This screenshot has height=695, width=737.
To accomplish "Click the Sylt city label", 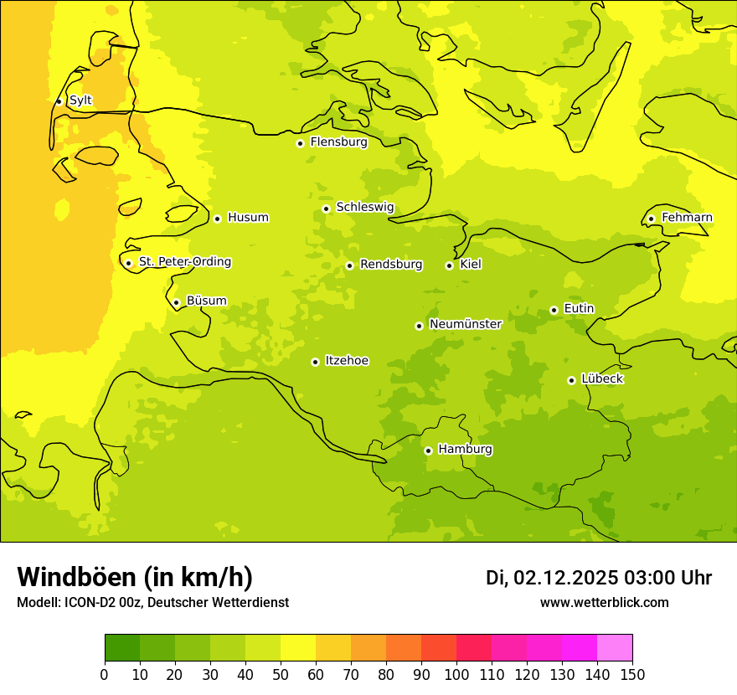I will coord(80,100).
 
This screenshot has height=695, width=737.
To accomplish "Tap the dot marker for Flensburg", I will coord(300,143).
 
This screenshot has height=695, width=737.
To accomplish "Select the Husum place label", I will coord(248,218).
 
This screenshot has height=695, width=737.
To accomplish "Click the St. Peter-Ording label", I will coord(185,262).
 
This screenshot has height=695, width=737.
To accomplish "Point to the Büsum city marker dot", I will coord(176,302).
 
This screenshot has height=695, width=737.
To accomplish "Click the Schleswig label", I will coord(365,207).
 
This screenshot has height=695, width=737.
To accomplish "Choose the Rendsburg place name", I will coord(391,265).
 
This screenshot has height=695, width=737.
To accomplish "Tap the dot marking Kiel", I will coord(449,265).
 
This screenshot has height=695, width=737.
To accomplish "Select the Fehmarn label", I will coord(687,218).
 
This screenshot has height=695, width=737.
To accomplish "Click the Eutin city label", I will coord(579,309).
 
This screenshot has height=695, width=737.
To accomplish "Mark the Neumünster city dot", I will coord(419,326).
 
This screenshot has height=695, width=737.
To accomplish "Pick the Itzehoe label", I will coord(347,361).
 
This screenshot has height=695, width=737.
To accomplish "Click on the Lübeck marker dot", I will coord(571,380).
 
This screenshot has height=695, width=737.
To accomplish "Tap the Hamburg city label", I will coord(465,450).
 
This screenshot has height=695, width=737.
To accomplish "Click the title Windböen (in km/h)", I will coord(135,578).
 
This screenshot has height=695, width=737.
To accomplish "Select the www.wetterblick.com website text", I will coord(604,603).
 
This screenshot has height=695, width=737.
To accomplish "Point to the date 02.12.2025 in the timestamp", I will coord(565,578).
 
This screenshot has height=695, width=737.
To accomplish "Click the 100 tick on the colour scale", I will coord(456,674).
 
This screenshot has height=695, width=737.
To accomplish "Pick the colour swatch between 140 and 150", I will coord(615,647).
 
